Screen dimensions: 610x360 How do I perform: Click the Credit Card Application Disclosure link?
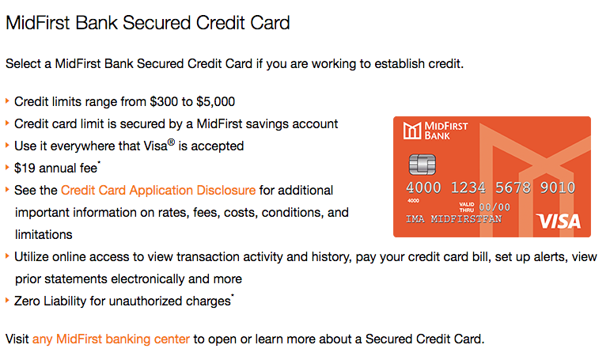pyautogui.click(x=158, y=190)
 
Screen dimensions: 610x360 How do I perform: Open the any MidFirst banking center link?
pyautogui.click(x=111, y=339)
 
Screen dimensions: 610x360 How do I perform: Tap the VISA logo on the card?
pyautogui.click(x=559, y=222)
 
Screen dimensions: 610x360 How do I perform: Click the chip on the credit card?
pyautogui.click(x=422, y=165)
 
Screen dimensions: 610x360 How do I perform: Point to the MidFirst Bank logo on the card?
pyautogui.click(x=435, y=131)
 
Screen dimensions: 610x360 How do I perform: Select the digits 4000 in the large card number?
pyautogui.click(x=423, y=188)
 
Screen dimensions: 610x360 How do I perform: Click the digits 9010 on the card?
pyautogui.click(x=558, y=188)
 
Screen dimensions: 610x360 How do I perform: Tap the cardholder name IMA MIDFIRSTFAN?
pyautogui.click(x=453, y=219)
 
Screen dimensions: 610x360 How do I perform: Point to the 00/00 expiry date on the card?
pyautogui.click(x=494, y=207)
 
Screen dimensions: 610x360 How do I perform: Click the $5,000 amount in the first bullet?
pyautogui.click(x=215, y=101)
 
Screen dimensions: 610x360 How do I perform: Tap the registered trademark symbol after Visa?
pyautogui.click(x=171, y=142)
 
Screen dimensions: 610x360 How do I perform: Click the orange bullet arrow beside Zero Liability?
pyautogui.click(x=7, y=300)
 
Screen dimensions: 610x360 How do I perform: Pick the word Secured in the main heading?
pyautogui.click(x=157, y=23)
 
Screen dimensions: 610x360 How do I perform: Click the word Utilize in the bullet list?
pyautogui.click(x=32, y=257)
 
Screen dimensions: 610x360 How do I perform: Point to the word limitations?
pyautogui.click(x=44, y=235)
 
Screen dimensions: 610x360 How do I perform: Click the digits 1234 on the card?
pyautogui.click(x=468, y=188)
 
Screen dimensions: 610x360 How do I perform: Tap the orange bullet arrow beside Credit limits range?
pyautogui.click(x=7, y=100)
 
